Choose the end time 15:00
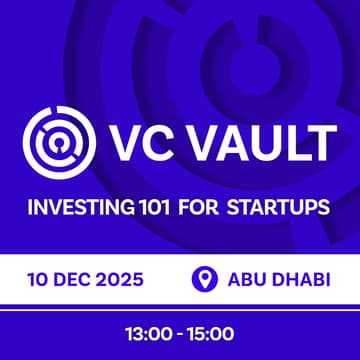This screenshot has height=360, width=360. (210, 331)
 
